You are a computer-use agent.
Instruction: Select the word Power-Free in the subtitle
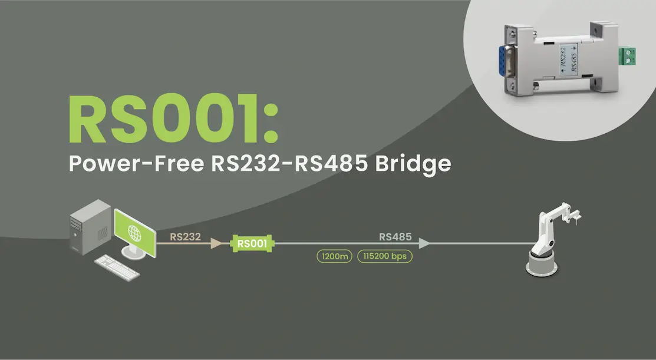tap(137, 163)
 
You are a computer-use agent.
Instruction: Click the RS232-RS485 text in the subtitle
tap(289, 163)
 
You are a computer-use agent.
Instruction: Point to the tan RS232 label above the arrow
tap(186, 237)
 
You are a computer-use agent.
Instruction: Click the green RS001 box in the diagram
tap(253, 243)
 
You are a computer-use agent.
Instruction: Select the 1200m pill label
tap(334, 257)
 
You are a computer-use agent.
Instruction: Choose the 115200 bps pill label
tap(385, 257)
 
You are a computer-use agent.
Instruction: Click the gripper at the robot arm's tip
tap(575, 212)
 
